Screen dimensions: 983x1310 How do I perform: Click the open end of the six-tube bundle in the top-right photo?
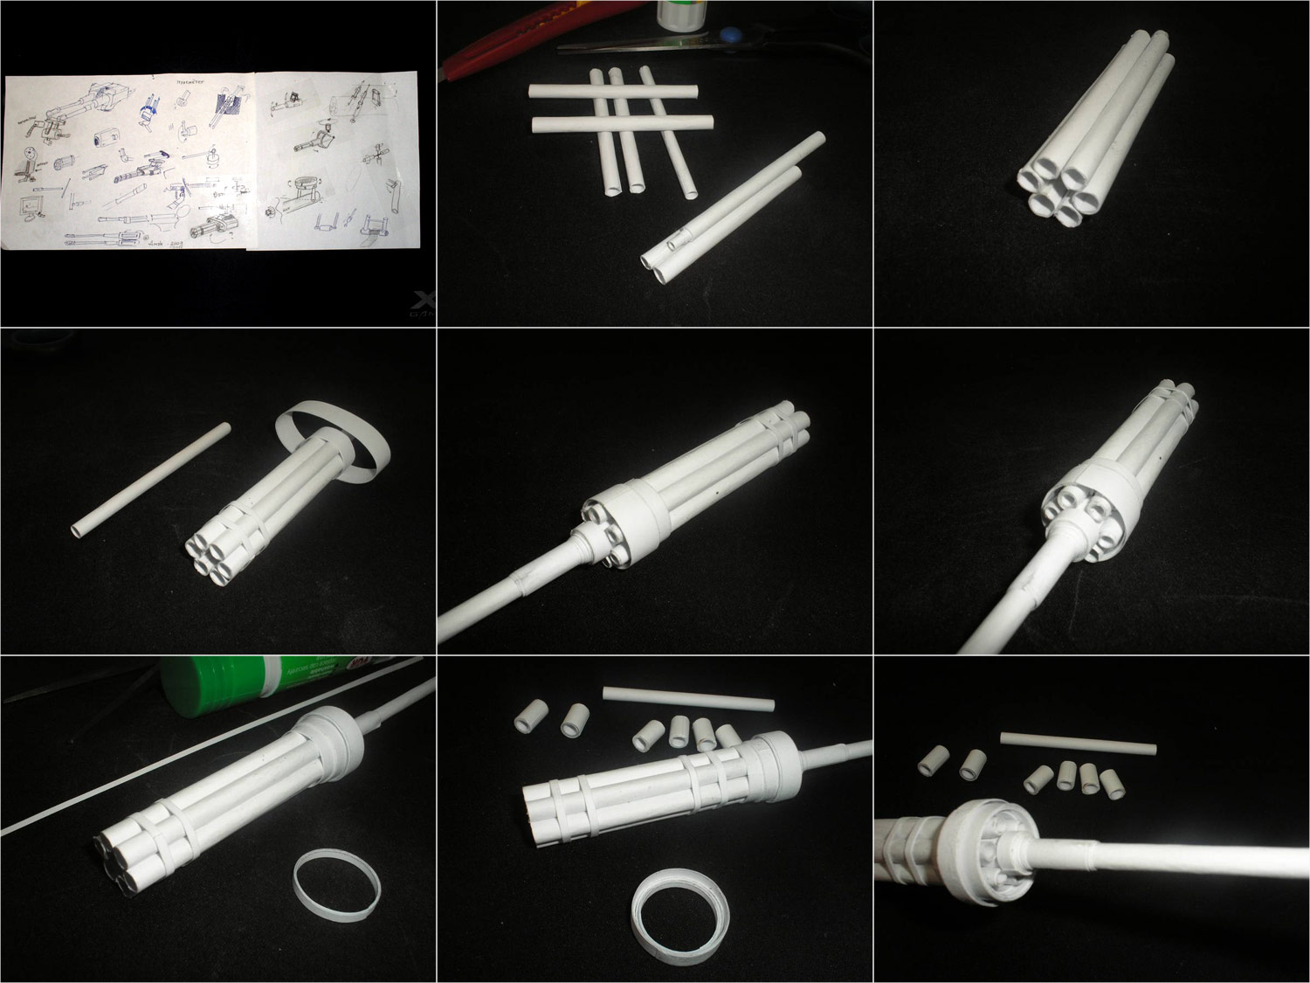tap(1058, 189)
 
